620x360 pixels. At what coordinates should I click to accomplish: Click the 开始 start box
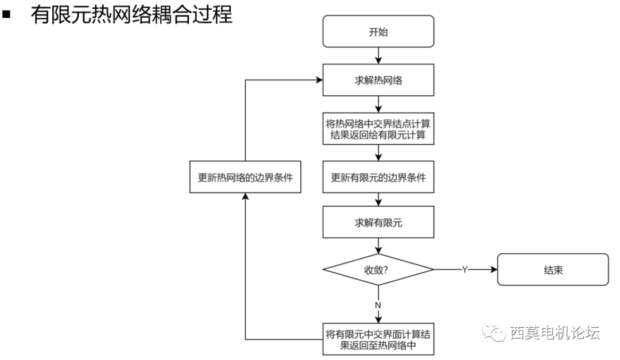pos(378,32)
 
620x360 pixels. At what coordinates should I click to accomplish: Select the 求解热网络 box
pos(378,80)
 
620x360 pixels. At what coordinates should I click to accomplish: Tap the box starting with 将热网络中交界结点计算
pos(378,128)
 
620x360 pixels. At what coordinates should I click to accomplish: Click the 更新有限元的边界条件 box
pos(378,177)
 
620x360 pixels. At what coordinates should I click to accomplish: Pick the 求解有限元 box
pos(378,223)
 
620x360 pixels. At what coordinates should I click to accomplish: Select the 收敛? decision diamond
pos(378,269)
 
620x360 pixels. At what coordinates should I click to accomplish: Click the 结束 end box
pos(552,270)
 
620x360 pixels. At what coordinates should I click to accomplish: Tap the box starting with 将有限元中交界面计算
pos(378,339)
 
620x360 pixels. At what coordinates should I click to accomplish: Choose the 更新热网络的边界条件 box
pos(245,177)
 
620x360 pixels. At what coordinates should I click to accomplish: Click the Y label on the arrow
pos(464,269)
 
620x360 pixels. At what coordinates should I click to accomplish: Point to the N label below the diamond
pos(378,305)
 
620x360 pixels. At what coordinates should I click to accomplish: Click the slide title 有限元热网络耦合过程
pos(131,14)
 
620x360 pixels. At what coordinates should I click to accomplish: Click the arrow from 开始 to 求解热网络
pos(378,56)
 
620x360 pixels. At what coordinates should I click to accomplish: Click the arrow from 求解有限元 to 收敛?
pos(378,246)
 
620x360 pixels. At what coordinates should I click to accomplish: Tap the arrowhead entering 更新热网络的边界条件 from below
pos(245,197)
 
